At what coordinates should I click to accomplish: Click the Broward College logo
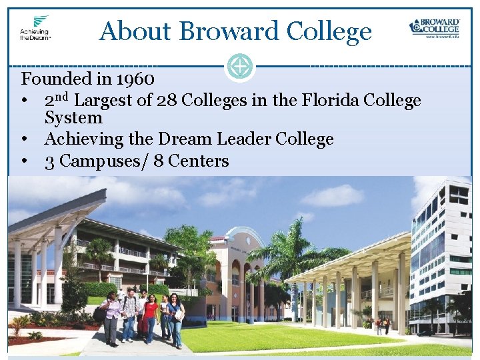pyautogui.click(x=434, y=28)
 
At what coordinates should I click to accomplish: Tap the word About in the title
pyautogui.click(x=136, y=31)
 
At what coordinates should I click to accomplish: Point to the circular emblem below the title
pyautogui.click(x=239, y=66)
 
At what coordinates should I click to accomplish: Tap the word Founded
pyautogui.click(x=55, y=79)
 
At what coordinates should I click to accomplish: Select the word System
pyautogui.click(x=73, y=118)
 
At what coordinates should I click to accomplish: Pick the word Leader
pyautogui.click(x=253, y=139)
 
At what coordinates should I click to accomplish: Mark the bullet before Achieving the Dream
pyautogui.click(x=24, y=139)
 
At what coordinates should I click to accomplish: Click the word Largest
pyautogui.click(x=111, y=101)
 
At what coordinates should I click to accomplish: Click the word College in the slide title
pyautogui.click(x=329, y=31)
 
